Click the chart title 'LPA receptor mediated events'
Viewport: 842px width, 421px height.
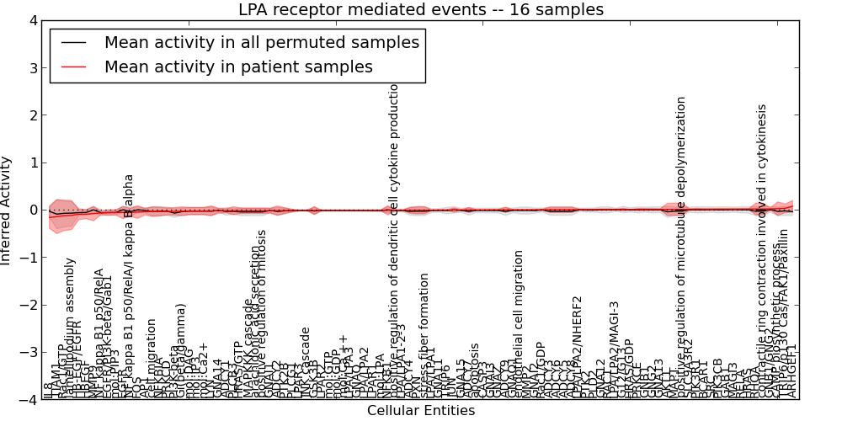[421, 10]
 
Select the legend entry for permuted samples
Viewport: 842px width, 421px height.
[261, 41]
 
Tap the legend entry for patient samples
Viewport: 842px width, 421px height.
[238, 67]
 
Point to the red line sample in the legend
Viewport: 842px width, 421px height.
[73, 67]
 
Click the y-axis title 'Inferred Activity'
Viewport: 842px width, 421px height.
[7, 210]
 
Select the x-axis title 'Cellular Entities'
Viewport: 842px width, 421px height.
[421, 411]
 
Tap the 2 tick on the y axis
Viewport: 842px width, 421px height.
[33, 115]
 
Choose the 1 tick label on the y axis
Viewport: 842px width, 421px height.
[33, 163]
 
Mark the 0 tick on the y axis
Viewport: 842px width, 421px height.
[33, 210]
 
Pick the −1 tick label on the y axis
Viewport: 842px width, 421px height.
[29, 258]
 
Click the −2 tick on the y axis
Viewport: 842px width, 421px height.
[29, 305]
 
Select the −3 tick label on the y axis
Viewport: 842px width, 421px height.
[29, 352]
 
